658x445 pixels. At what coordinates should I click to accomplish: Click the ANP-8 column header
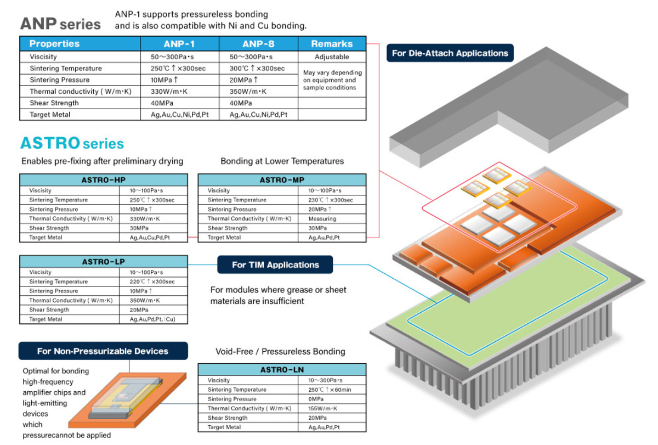[258, 44]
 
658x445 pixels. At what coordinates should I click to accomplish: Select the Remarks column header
[332, 44]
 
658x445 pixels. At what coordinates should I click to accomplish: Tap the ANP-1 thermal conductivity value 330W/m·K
[169, 92]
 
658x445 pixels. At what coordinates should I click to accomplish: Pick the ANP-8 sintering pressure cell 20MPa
[243, 80]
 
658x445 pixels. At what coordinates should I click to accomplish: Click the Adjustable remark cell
[332, 57]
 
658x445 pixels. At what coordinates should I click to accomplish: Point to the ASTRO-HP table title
[104, 180]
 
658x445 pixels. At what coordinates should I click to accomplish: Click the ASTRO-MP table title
[282, 180]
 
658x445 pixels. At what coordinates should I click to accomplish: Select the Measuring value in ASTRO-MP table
[322, 219]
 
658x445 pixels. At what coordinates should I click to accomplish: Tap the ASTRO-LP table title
[104, 262]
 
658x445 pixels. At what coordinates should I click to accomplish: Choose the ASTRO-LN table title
[282, 369]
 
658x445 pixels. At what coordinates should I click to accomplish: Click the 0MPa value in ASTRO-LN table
[316, 399]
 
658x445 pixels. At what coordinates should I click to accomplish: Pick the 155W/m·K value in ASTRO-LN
[323, 408]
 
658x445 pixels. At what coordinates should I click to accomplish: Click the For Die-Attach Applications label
[450, 53]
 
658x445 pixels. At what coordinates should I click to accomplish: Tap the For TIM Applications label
[275, 264]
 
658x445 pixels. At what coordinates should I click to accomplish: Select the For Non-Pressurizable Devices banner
[103, 351]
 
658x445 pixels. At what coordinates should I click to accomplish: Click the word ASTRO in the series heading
[50, 143]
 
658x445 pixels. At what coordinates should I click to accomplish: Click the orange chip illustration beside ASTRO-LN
[127, 400]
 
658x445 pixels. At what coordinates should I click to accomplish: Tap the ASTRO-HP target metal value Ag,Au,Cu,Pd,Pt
[150, 238]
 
